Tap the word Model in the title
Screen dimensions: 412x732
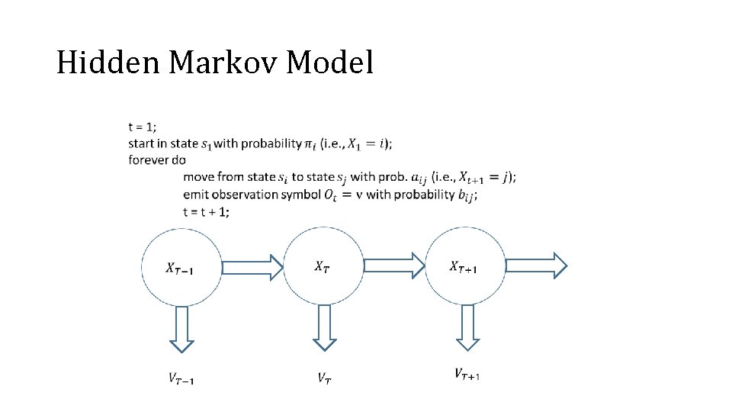[x=330, y=63]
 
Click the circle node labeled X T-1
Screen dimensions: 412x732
[x=181, y=267]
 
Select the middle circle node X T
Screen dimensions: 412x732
[x=323, y=266]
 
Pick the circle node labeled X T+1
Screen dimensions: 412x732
[x=464, y=266]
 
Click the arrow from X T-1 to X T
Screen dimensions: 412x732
[x=252, y=267]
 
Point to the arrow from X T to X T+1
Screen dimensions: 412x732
[x=393, y=266]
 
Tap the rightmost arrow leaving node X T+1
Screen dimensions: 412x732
[x=536, y=266]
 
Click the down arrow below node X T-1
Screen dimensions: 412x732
[x=181, y=329]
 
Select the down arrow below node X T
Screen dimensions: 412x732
[x=324, y=327]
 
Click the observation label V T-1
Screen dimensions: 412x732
[x=181, y=377]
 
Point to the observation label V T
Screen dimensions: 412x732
[x=324, y=377]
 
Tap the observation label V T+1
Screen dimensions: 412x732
[x=467, y=374]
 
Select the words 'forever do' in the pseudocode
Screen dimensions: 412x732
[x=157, y=160]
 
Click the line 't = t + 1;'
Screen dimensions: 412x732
[x=206, y=212]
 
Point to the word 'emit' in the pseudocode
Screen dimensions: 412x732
[x=196, y=195]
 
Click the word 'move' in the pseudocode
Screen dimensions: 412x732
[x=199, y=177]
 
